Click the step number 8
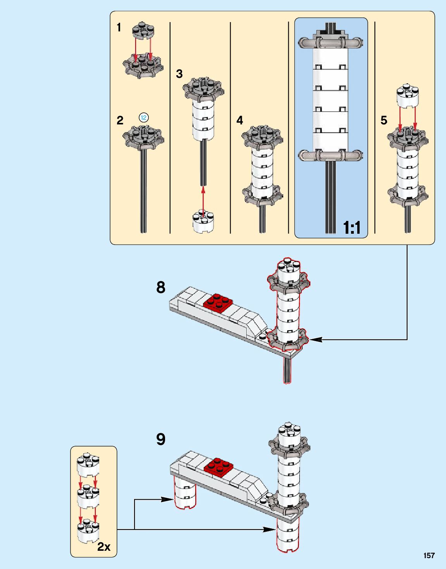[161, 288]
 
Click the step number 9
[161, 439]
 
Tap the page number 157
[429, 556]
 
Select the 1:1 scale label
[352, 227]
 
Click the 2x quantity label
[104, 547]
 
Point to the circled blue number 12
[144, 117]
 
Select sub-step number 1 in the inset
[119, 28]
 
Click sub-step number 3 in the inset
[179, 74]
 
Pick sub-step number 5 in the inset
[384, 121]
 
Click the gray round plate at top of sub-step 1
[143, 31]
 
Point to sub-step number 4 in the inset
[239, 121]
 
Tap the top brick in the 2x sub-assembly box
[88, 466]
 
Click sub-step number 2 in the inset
[120, 121]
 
